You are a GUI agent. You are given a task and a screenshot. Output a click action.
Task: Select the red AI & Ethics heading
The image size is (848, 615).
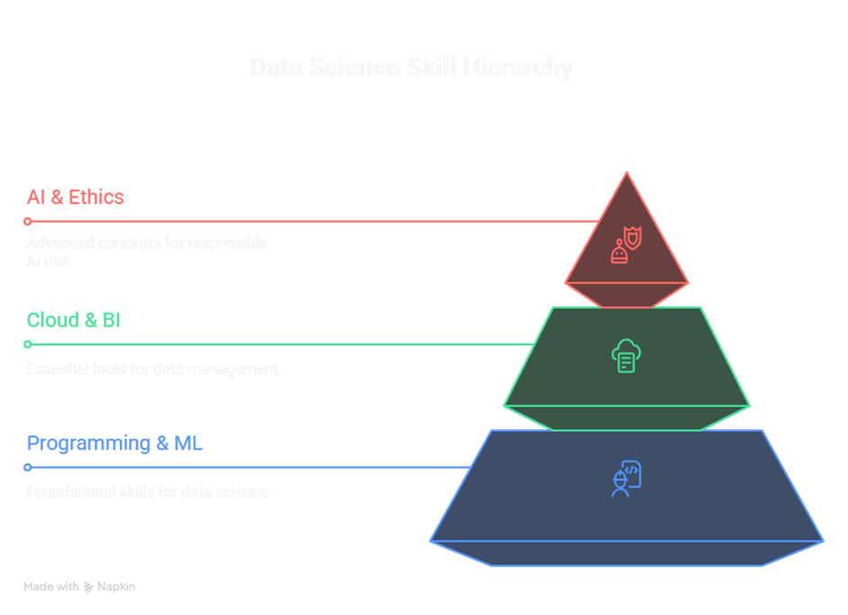pyautogui.click(x=75, y=197)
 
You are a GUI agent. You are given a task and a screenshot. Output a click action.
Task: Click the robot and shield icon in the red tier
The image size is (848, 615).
pyautogui.click(x=626, y=245)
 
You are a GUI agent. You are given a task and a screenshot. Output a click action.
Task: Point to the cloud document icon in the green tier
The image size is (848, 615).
pyautogui.click(x=626, y=355)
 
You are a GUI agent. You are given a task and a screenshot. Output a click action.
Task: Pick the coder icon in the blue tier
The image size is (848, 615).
pyautogui.click(x=626, y=478)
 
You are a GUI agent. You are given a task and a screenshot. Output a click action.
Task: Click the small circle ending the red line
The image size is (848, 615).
pyautogui.click(x=28, y=221)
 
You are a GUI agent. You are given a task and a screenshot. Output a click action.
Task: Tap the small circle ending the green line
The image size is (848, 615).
pyautogui.click(x=28, y=344)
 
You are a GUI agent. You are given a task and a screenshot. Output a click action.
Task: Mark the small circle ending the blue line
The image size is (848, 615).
pyautogui.click(x=28, y=467)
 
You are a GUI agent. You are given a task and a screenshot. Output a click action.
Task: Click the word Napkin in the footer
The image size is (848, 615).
pyautogui.click(x=116, y=586)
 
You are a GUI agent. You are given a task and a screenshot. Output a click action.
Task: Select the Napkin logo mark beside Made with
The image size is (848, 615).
pyautogui.click(x=88, y=586)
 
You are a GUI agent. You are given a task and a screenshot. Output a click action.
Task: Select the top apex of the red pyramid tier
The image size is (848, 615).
pyautogui.click(x=627, y=173)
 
